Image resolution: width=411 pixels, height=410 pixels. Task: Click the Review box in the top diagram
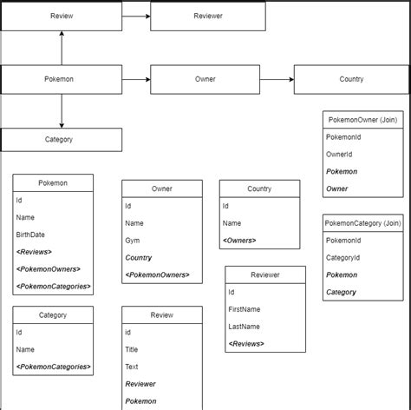click(62, 16)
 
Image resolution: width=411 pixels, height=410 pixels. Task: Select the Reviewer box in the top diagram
click(208, 16)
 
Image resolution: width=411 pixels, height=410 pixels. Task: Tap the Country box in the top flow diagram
click(351, 79)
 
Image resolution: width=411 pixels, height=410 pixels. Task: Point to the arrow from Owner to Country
click(277, 80)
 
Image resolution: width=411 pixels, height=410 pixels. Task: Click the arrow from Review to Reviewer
click(136, 16)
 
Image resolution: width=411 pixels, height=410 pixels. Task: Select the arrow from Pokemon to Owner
click(136, 80)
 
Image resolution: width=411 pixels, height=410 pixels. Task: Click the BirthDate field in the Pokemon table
click(29, 235)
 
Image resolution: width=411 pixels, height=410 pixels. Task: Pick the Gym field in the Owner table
click(132, 240)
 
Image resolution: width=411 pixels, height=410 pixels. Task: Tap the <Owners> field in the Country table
click(240, 240)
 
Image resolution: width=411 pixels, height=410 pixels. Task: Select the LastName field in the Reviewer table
click(245, 327)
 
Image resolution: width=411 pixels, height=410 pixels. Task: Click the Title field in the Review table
click(133, 349)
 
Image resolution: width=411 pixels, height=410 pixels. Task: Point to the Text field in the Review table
click(133, 366)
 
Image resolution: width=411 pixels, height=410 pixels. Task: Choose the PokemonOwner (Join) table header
click(362, 119)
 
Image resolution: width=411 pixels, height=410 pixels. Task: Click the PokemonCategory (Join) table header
click(362, 222)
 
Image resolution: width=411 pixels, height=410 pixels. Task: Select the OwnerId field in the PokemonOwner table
click(339, 154)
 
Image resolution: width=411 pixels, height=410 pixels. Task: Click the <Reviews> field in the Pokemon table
click(34, 251)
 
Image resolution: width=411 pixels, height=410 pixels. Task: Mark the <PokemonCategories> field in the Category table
click(53, 366)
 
